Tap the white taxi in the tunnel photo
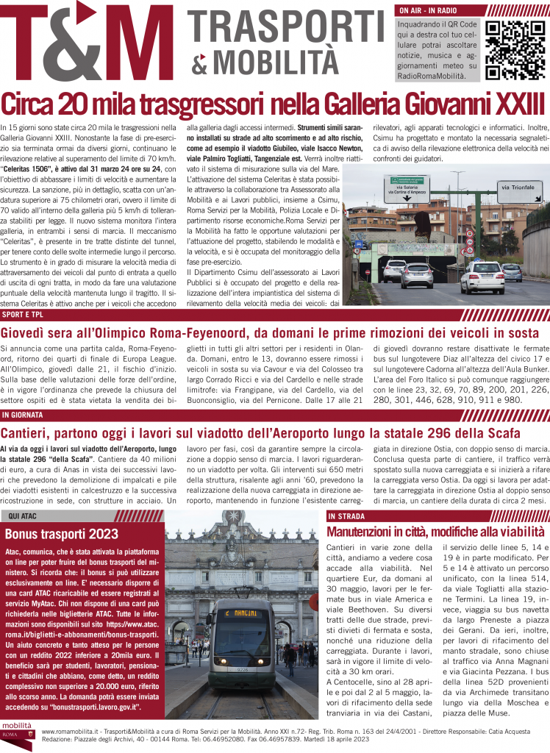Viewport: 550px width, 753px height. coord(482,276)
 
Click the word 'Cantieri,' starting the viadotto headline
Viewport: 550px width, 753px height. coord(31,432)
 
